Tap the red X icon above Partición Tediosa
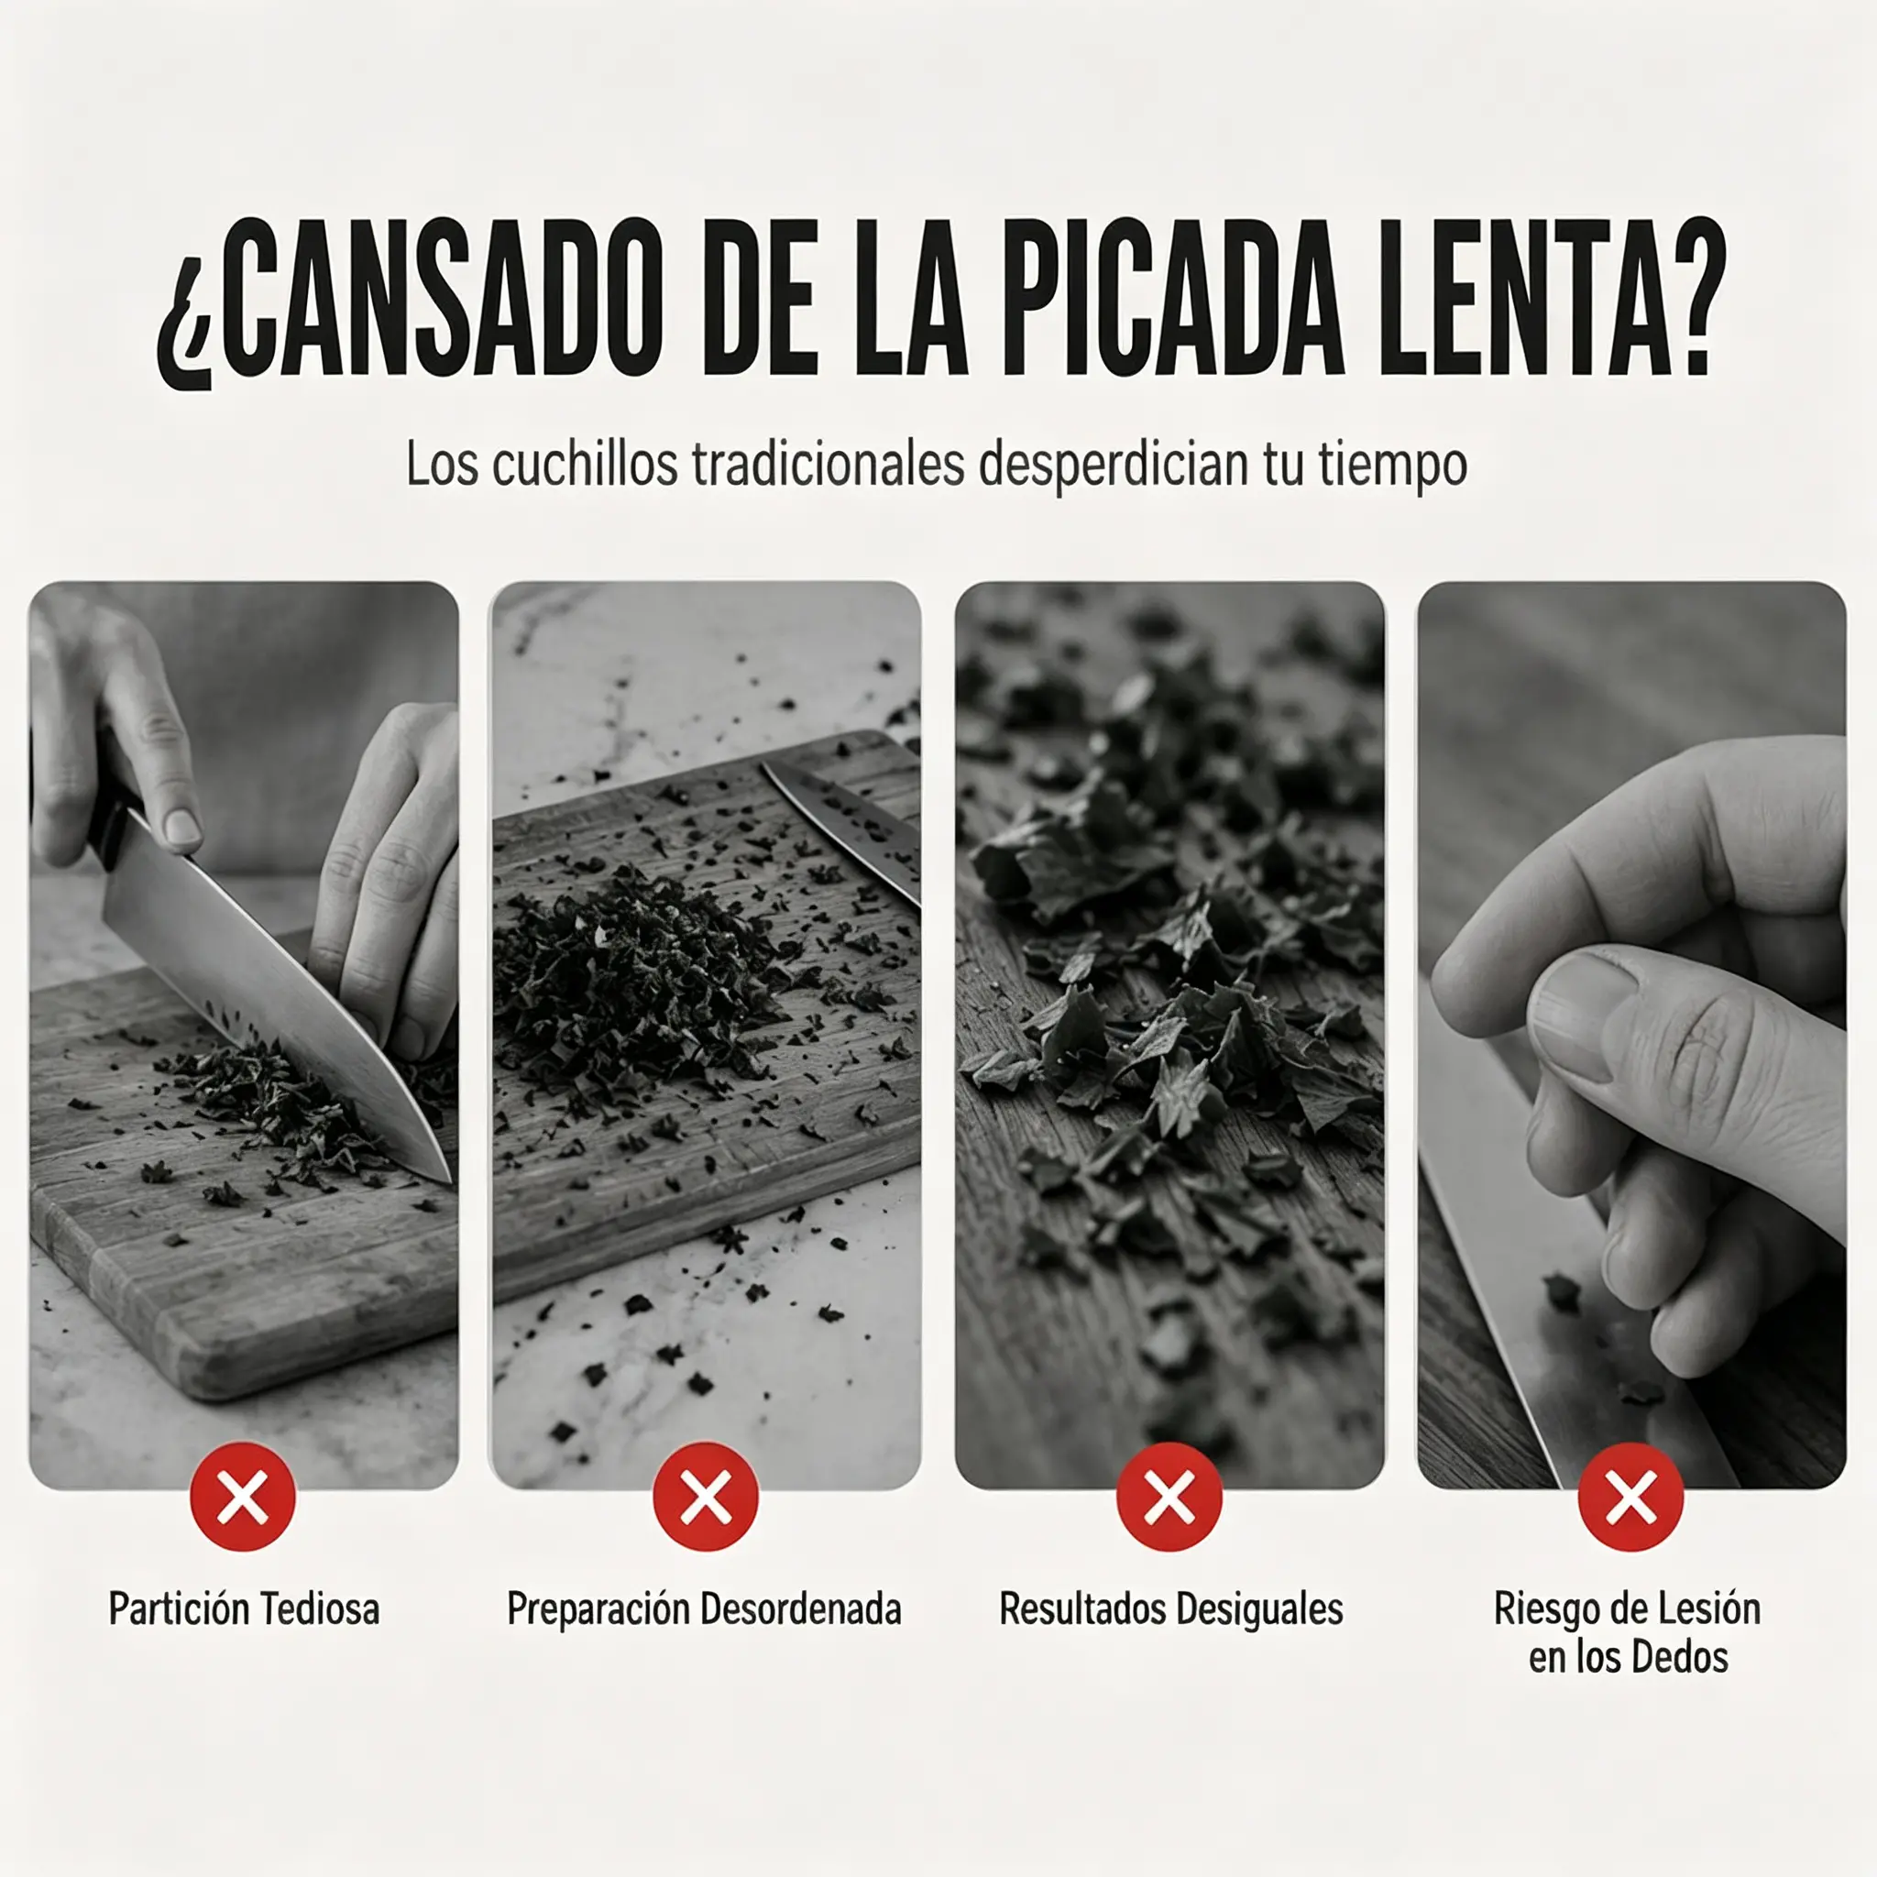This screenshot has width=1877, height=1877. tap(243, 1496)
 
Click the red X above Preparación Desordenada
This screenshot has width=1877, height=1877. tap(706, 1496)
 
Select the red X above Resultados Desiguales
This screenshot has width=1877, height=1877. tap(1169, 1496)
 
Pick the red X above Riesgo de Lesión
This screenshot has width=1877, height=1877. tap(1630, 1496)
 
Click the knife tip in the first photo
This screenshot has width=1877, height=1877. tap(449, 1180)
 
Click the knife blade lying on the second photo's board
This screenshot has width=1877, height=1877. tap(843, 831)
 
